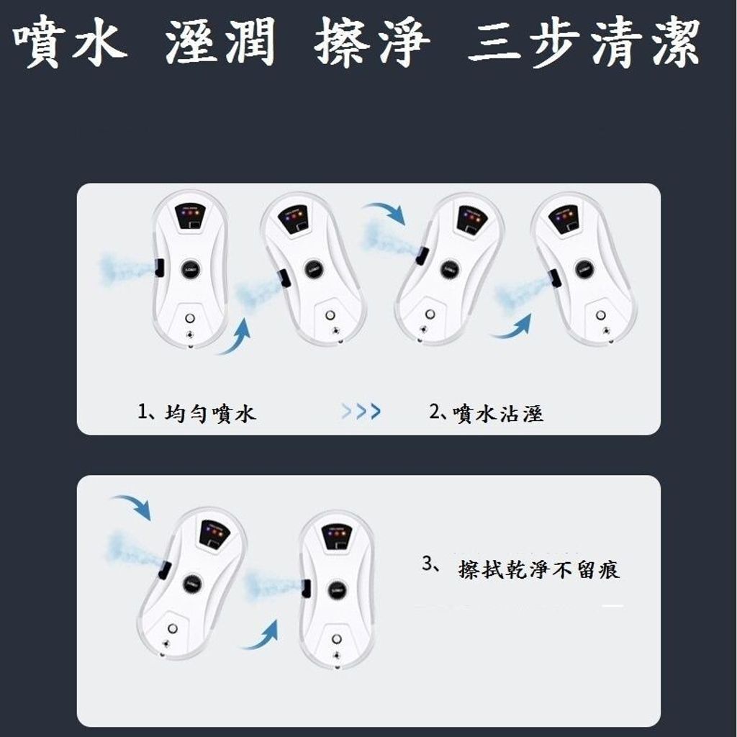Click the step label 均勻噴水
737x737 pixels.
[x=210, y=413]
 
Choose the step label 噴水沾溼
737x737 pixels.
[x=498, y=413]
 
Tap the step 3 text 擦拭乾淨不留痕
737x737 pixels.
[x=539, y=569]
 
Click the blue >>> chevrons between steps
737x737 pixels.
[x=361, y=411]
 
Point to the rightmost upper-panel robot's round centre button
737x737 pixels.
[x=584, y=269]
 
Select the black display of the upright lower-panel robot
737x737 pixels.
[x=337, y=537]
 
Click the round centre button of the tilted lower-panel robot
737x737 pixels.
[x=193, y=583]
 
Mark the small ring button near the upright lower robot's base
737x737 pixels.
[x=337, y=639]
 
